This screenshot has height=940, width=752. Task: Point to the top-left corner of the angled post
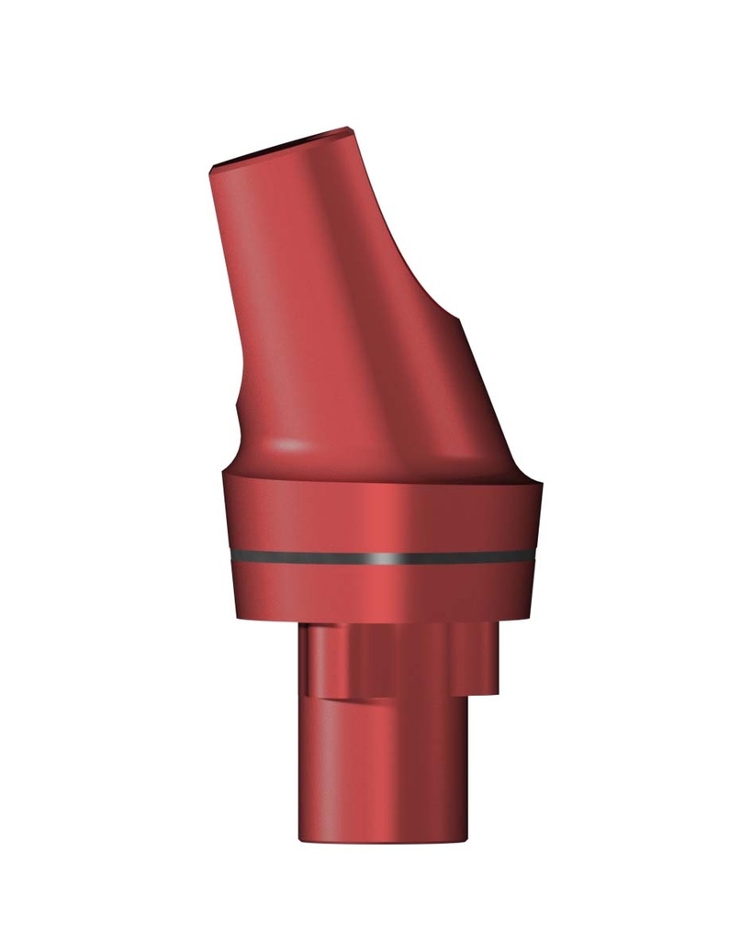click(213, 168)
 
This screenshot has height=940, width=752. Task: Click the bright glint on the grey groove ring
click(376, 557)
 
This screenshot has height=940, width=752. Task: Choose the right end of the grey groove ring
click(534, 554)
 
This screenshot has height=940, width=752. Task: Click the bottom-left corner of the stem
click(299, 837)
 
